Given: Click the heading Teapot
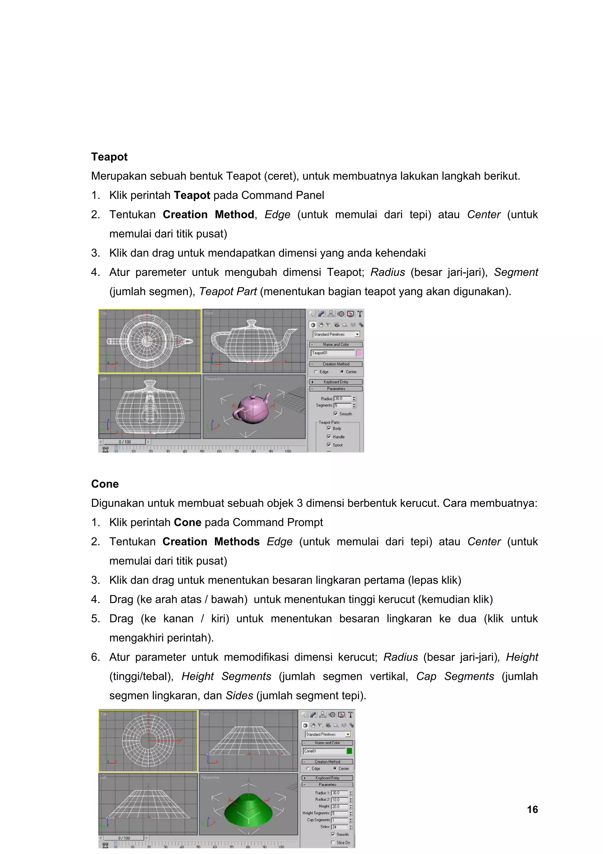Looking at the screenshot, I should pyautogui.click(x=109, y=156).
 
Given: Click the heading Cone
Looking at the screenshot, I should pyautogui.click(x=105, y=484).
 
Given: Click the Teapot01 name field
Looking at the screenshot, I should pyautogui.click(x=332, y=353).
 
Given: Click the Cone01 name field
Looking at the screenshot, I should pyautogui.click(x=324, y=751).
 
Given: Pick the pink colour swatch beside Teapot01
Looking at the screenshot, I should pyautogui.click(x=359, y=353).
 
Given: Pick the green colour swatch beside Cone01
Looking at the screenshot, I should pyautogui.click(x=349, y=751).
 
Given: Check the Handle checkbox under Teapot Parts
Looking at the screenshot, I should pyautogui.click(x=329, y=437).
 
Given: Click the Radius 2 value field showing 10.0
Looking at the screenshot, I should pyautogui.click(x=339, y=799).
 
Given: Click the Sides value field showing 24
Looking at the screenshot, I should pyautogui.click(x=339, y=827).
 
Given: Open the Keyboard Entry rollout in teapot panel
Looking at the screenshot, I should pyautogui.click(x=336, y=382).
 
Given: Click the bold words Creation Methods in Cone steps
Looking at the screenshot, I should pyautogui.click(x=211, y=542).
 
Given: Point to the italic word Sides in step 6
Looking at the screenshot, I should pyautogui.click(x=239, y=695).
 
